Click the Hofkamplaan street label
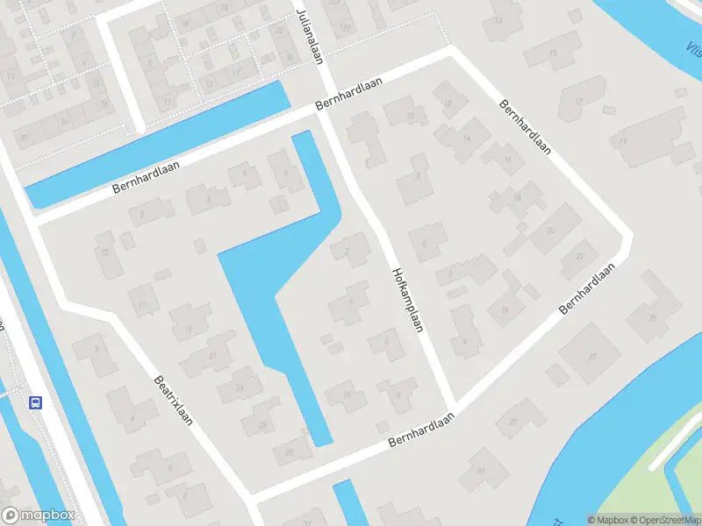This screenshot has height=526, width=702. pyautogui.click(x=409, y=300)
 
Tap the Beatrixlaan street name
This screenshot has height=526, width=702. pyautogui.click(x=173, y=401)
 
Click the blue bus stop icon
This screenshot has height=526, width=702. pyautogui.click(x=36, y=402)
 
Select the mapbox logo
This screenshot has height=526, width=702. pyautogui.click(x=39, y=515)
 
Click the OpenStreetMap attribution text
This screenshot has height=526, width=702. pyautogui.click(x=665, y=519)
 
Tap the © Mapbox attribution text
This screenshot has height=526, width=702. pyautogui.click(x=611, y=519)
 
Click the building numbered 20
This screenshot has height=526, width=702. pyautogui.click(x=551, y=230)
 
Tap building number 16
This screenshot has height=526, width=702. pyautogui.click(x=508, y=159)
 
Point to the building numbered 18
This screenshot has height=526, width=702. pyautogui.click(x=517, y=198)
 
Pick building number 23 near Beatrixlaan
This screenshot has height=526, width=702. pyautogui.click(x=213, y=356)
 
